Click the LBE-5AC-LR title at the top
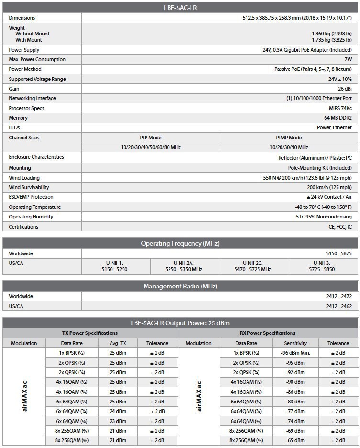tap(180, 7)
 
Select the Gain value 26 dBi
tap(345, 89)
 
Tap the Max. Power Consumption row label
tap(37, 59)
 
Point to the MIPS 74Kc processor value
tap(340, 108)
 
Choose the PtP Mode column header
tap(150, 138)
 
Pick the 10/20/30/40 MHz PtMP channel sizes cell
tap(289, 147)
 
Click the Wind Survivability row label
tap(29, 187)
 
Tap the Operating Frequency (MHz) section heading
tap(180, 243)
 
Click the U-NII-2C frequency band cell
tap(254, 266)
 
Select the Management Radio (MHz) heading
tap(180, 286)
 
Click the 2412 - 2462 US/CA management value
tap(339, 306)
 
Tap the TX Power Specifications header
tap(90, 333)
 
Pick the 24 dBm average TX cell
tap(118, 411)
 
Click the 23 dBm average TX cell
tap(118, 421)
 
